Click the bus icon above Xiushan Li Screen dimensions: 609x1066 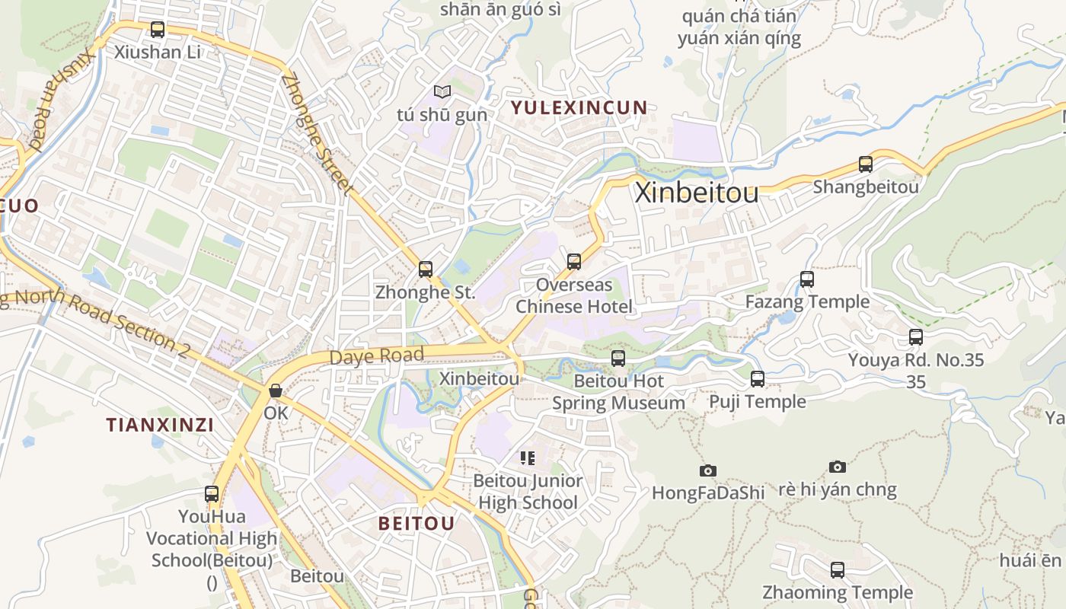158,30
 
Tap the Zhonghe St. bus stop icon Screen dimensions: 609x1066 426,269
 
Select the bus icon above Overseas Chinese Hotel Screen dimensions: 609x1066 574,262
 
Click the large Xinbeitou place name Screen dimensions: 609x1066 697,193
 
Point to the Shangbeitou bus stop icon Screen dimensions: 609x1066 866,164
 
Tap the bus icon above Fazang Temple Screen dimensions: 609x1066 807,279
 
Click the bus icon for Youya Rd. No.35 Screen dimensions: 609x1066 916,336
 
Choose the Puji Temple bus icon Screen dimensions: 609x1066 758,378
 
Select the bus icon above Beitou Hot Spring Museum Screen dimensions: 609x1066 618,358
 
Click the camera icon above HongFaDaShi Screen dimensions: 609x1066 708,470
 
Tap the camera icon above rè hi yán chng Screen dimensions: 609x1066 838,467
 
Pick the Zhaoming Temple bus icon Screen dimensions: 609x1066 838,569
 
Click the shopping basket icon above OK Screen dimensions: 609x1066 276,391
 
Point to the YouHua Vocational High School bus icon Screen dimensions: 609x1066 212,494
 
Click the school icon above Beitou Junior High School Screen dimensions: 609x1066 527,458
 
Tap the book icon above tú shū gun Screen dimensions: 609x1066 442,92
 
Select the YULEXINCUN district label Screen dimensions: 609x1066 579,107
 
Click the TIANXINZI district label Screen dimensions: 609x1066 160,425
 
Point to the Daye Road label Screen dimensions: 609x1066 376,356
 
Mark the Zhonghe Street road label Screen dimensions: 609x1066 318,134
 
